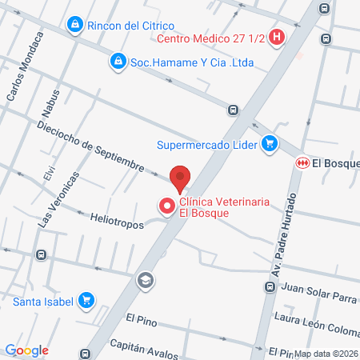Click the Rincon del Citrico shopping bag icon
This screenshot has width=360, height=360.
(x=74, y=25)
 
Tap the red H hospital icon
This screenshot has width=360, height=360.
(x=277, y=37)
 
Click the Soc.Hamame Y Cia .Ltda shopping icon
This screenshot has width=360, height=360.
(x=118, y=61)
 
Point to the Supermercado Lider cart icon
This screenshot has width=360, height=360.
(x=271, y=144)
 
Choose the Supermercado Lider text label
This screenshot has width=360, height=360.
(x=206, y=145)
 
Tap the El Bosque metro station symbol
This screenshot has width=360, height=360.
(x=302, y=162)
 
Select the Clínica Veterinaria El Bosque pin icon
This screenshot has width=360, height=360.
(x=167, y=206)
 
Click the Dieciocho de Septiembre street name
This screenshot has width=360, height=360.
(x=89, y=145)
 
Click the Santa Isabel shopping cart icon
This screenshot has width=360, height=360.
(x=86, y=302)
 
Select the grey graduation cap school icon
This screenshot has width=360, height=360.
(x=145, y=280)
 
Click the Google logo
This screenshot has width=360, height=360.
(x=26, y=350)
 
